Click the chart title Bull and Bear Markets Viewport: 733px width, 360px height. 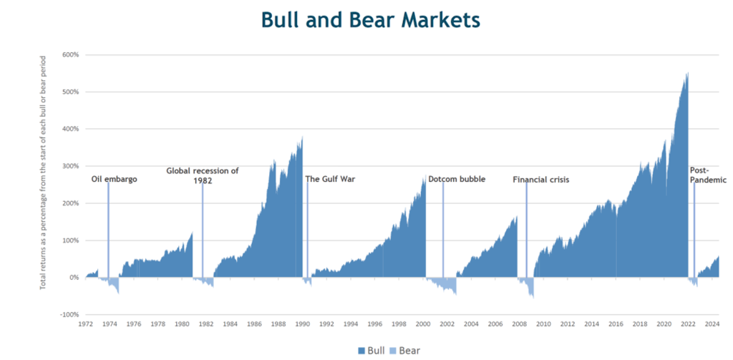[370, 21]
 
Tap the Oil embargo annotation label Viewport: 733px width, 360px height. [114, 179]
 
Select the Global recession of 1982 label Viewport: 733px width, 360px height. [203, 175]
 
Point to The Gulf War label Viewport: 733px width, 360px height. [330, 179]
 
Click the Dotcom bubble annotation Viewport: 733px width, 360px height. [457, 179]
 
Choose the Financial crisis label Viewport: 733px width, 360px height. [540, 180]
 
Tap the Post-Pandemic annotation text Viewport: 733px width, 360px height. [708, 175]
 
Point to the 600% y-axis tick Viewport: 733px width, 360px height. [70, 55]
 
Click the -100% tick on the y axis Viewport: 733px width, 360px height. [69, 314]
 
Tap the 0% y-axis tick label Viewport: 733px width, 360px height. [74, 278]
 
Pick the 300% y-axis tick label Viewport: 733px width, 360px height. [70, 166]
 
